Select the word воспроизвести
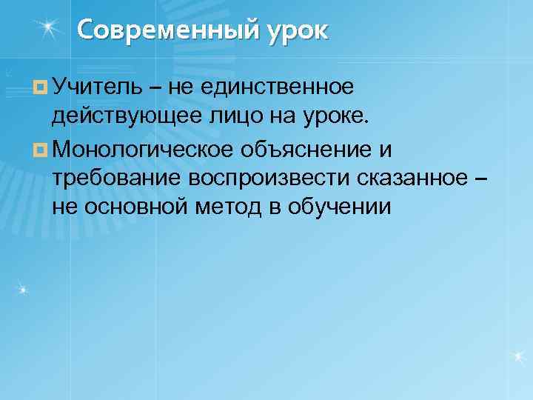coord(269,178)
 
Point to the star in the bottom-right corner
coord(517,358)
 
